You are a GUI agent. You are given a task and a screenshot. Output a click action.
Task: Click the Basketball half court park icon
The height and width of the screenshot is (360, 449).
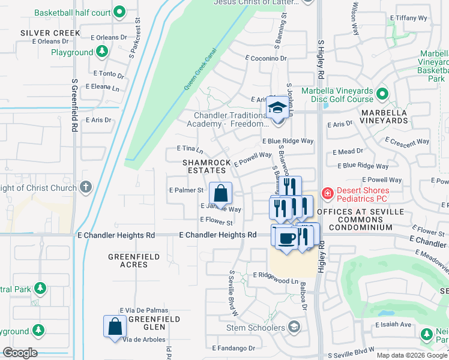point(119,12)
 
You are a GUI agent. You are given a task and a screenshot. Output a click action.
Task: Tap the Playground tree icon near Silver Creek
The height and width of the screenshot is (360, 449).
point(102,52)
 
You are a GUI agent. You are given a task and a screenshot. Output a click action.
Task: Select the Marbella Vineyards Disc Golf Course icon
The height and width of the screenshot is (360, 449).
point(382,94)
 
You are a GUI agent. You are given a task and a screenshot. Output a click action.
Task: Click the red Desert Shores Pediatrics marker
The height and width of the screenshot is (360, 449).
point(328,193)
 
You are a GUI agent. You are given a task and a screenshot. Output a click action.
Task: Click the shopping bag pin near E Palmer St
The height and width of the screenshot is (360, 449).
point(220,193)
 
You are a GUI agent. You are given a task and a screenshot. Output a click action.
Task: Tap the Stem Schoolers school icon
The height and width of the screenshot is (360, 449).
point(294,327)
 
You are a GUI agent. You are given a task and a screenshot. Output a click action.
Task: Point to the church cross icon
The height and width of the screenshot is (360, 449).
point(86,187)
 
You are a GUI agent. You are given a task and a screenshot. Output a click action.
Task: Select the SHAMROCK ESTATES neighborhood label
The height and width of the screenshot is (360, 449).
point(204,166)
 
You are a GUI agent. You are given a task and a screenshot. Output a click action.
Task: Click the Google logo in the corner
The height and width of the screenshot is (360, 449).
point(20,353)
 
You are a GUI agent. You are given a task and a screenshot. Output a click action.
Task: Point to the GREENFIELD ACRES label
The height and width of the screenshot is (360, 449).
point(134,260)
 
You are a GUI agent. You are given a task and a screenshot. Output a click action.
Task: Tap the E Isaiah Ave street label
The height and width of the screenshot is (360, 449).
point(393,325)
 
